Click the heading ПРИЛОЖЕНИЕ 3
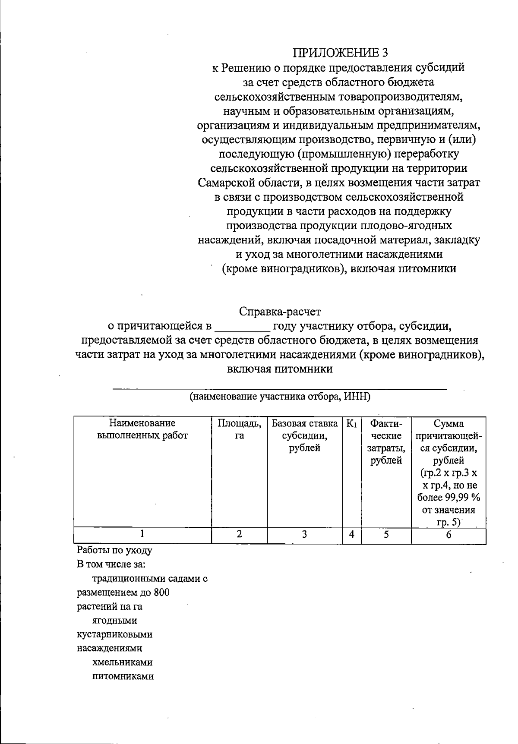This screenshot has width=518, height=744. click(340, 53)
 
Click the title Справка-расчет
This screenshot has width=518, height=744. click(280, 311)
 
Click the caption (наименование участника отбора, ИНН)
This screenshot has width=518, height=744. click(280, 397)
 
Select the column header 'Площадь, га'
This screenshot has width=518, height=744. click(239, 429)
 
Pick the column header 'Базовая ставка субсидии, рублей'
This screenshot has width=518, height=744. click(304, 435)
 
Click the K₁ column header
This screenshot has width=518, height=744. click(351, 424)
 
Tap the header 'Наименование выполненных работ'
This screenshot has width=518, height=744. click(142, 429)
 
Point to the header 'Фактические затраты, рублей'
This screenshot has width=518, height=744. click(386, 442)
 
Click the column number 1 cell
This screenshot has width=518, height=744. click(142, 534)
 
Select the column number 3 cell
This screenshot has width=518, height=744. click(304, 534)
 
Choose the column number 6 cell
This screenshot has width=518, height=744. click(449, 534)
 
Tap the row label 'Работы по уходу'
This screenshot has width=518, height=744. click(114, 550)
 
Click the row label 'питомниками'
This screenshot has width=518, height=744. click(123, 676)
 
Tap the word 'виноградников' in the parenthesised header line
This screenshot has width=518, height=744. click(302, 269)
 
